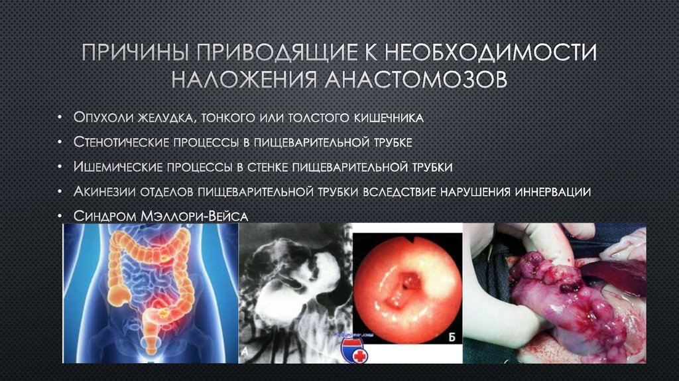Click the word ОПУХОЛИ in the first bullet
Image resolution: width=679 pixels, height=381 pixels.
(103, 117)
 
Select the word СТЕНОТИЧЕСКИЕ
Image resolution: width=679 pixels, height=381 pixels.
(122, 142)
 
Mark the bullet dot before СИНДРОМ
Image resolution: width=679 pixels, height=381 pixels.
(61, 216)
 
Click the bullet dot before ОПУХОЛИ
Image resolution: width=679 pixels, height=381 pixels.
(61, 118)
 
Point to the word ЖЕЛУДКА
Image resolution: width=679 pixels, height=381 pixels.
(163, 117)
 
